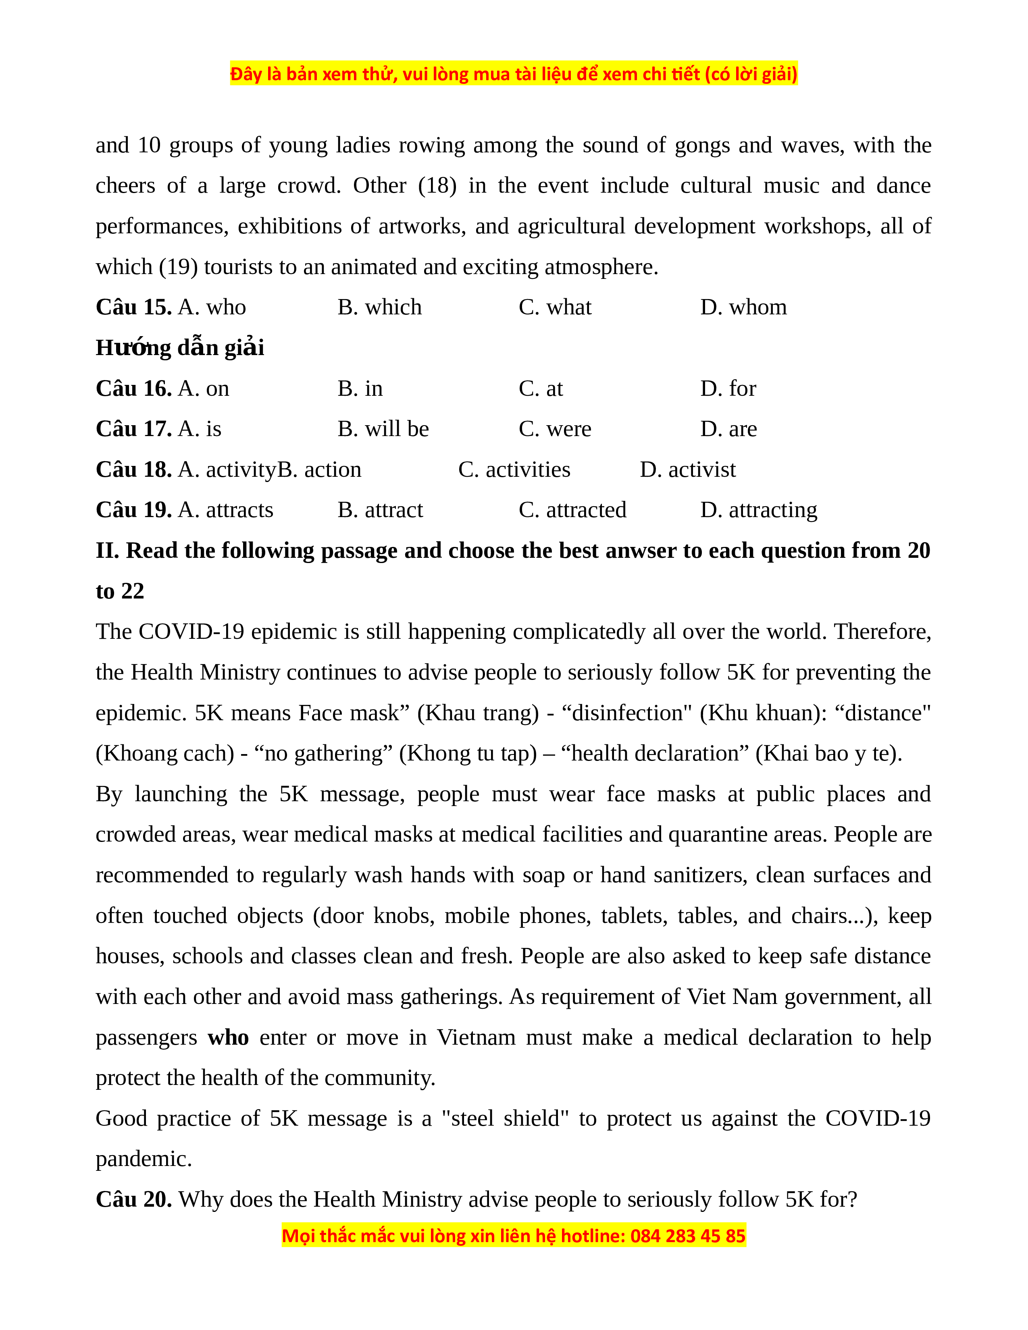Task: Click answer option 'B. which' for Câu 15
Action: point(379,308)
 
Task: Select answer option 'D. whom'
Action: point(743,308)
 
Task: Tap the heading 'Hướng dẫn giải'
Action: point(180,348)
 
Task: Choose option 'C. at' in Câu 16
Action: point(541,389)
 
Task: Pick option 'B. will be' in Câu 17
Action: point(383,429)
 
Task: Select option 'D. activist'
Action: point(688,470)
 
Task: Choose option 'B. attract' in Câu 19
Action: point(380,510)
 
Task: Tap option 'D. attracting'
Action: point(758,510)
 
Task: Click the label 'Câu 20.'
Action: point(133,1200)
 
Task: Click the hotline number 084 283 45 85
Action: point(688,1236)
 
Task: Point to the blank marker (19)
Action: point(179,267)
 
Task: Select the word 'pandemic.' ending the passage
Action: point(144,1159)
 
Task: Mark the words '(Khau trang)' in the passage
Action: point(478,713)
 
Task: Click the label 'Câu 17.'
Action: point(133,429)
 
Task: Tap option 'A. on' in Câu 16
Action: point(204,389)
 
